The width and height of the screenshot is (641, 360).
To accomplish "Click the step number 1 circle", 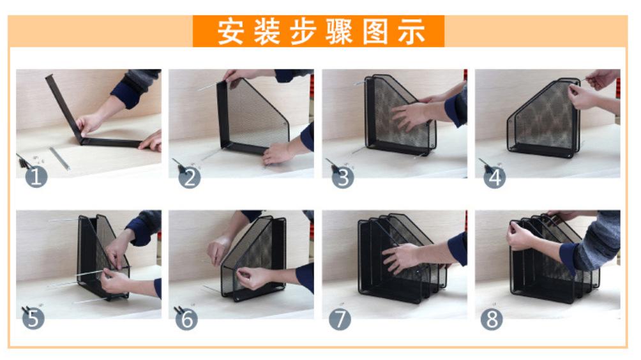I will (36, 177).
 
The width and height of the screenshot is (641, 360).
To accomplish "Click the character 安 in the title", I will (230, 32).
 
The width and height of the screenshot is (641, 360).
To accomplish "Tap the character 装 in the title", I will (266, 32).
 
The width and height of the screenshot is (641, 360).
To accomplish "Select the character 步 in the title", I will (303, 32).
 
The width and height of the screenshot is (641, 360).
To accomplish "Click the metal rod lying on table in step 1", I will (59, 158).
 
